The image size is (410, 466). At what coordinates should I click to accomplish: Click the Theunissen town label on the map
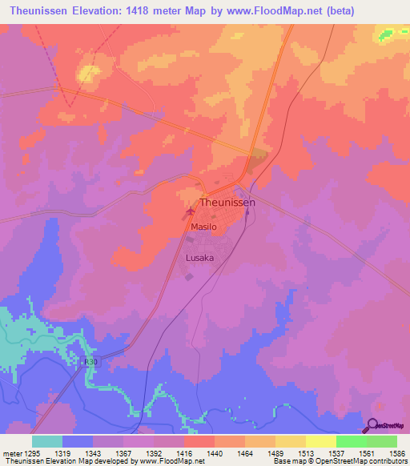(x=227, y=203)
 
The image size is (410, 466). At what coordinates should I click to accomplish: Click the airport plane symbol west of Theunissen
(x=190, y=212)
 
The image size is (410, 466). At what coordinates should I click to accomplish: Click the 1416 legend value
(x=183, y=454)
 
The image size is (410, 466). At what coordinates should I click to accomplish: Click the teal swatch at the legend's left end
(x=47, y=441)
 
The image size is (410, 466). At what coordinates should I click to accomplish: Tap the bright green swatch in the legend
(x=351, y=441)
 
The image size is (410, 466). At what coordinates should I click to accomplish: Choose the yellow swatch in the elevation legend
(x=320, y=441)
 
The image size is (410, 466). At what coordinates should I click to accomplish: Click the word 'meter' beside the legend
(x=11, y=454)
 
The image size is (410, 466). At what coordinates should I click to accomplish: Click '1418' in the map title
(x=155, y=10)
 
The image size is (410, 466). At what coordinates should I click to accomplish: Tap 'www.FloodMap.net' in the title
(x=269, y=10)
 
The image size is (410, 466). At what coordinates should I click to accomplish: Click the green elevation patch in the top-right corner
(x=388, y=34)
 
